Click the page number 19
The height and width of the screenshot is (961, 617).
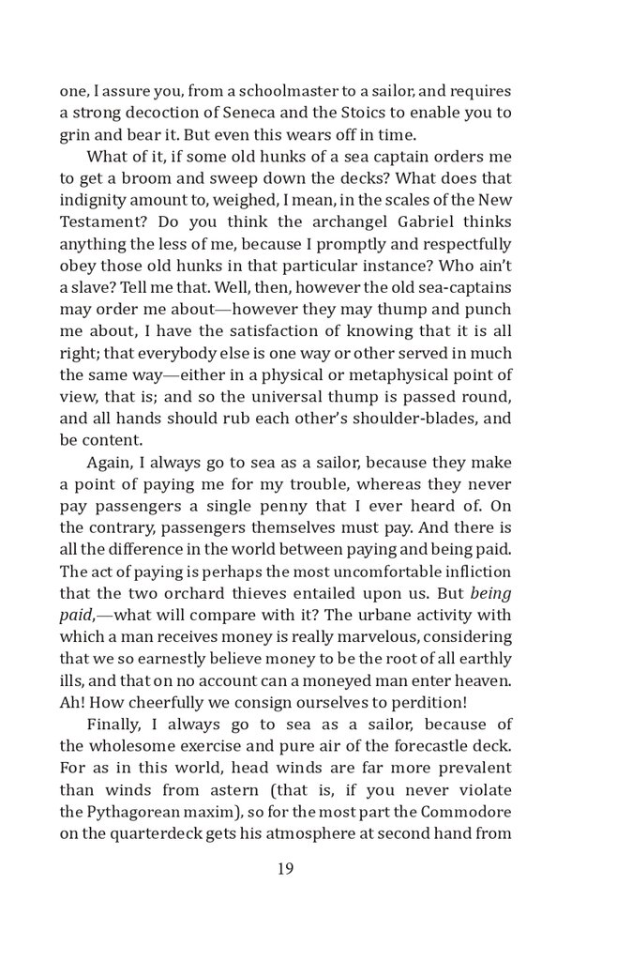pos(286,868)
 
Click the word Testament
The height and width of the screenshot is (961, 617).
pos(103,221)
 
